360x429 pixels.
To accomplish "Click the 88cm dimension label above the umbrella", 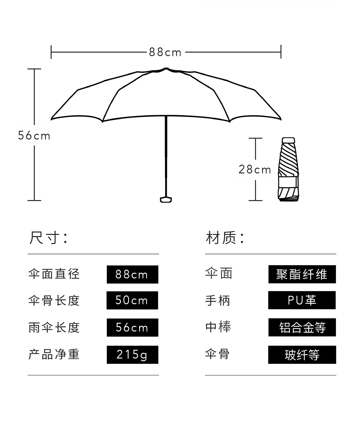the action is (165, 52).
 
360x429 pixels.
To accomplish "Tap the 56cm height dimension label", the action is (34, 136).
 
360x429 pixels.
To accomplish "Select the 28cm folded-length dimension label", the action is (255, 170).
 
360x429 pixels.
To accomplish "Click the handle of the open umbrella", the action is (166, 200).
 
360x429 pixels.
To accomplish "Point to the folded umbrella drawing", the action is (288, 169).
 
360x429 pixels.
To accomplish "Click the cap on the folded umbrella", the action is (288, 140).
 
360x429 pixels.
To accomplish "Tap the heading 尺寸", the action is (49, 238).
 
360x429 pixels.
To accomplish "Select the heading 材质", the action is (225, 238).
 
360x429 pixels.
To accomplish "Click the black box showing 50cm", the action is (132, 300).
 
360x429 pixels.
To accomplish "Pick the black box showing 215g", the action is (133, 355).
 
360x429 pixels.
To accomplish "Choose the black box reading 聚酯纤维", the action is (302, 274).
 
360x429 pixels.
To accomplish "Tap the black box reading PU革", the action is (302, 300).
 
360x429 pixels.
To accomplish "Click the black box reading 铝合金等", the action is (302, 327).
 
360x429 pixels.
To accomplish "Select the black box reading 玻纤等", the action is (302, 355).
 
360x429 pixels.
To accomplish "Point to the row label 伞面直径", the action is (54, 274).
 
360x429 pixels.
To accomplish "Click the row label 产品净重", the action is (54, 354).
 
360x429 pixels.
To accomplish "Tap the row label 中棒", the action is (218, 327).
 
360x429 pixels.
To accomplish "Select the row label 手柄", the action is (218, 301).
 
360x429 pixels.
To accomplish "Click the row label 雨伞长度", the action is (54, 327).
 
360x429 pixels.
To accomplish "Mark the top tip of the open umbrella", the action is (166, 68).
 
